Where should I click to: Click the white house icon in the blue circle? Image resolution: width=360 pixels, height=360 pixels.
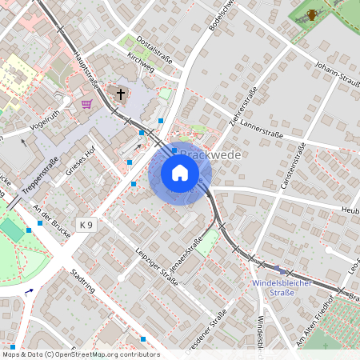(180, 173)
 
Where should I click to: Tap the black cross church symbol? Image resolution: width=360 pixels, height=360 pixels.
(121, 94)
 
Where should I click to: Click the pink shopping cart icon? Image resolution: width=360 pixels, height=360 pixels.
(86, 103)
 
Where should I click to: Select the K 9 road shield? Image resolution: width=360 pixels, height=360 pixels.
(86, 226)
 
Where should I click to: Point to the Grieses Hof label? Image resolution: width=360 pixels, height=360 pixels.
(82, 161)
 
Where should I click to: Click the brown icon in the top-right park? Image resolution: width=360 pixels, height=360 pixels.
(312, 14)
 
